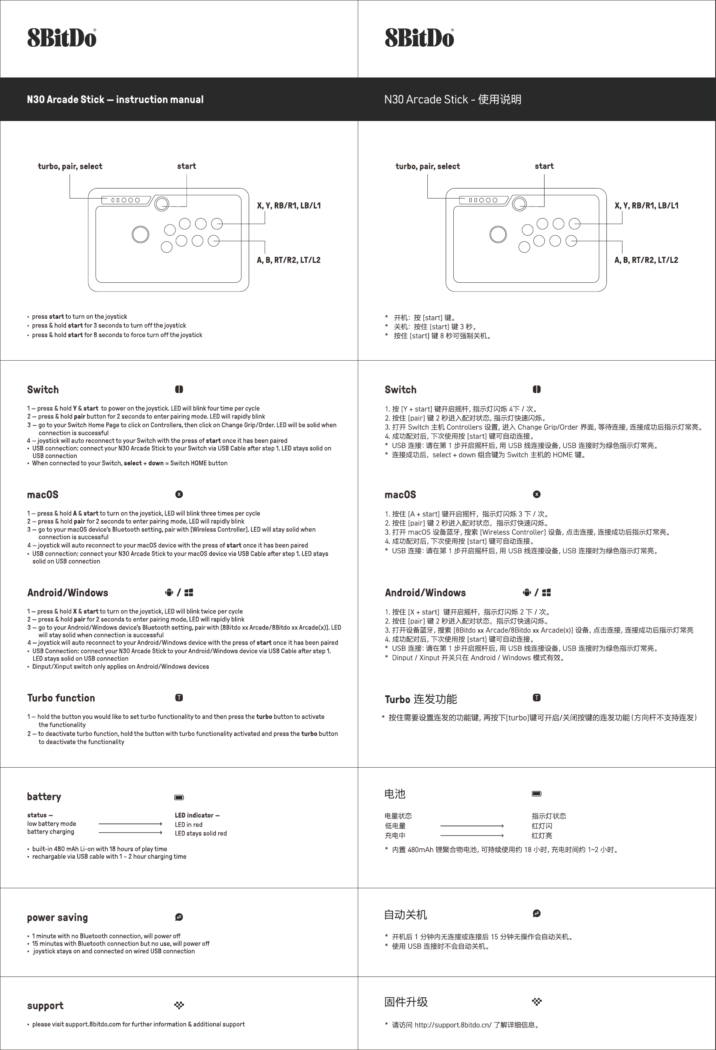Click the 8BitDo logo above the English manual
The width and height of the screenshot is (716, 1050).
tap(62, 38)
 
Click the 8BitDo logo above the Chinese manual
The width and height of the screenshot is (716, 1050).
tap(419, 38)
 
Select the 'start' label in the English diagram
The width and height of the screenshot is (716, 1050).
tap(186, 166)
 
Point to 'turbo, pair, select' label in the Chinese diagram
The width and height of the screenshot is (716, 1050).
tap(427, 166)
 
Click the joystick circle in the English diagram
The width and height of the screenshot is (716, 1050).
tap(140, 234)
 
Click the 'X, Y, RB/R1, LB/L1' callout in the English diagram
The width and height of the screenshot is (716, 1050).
tap(289, 206)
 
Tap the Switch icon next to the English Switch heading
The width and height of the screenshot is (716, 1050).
tap(179, 389)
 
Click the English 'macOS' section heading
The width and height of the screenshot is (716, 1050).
tap(42, 494)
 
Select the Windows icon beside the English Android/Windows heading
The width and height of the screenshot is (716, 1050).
tap(189, 592)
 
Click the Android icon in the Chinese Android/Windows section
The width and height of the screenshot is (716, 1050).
tap(527, 592)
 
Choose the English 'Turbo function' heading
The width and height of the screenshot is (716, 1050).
tap(61, 698)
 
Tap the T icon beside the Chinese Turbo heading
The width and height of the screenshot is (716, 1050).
tap(537, 698)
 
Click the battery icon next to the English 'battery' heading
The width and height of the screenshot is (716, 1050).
tap(179, 798)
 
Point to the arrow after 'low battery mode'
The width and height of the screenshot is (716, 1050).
tap(130, 824)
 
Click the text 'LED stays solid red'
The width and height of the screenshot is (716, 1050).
tap(201, 833)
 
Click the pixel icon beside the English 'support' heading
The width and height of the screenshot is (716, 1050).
tap(179, 1005)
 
